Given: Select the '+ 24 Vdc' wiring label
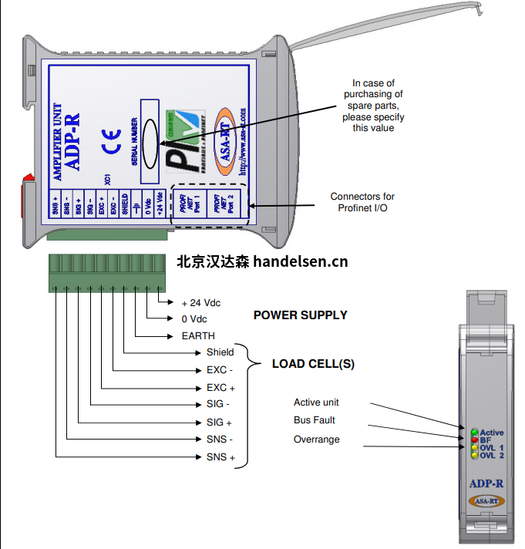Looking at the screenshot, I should point(200,302).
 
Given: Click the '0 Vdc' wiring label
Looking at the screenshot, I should point(194,319).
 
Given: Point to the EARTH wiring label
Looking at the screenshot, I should point(198,336).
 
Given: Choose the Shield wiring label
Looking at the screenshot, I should point(220,352).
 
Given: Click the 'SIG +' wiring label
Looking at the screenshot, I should point(219,423).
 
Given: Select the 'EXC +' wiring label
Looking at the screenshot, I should point(220,388).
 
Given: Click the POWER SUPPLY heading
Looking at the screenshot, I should point(300,315).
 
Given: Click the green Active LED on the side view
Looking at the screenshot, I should point(475,433).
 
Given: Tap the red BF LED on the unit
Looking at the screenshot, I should point(475,440).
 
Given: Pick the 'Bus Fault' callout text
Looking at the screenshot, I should point(314,421).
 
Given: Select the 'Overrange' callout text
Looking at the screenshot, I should point(316,440).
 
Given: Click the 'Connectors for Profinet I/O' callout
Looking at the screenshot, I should point(362,202).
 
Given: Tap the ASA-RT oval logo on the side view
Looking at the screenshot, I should point(486,500).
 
